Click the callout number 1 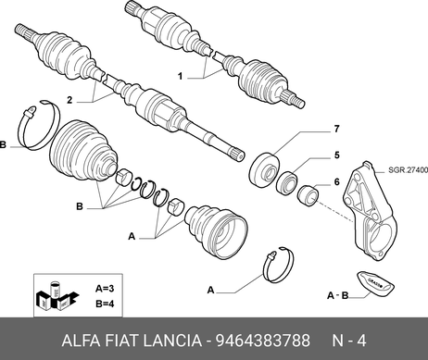click(x=181, y=76)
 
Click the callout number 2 click(x=69, y=100)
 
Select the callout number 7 click(x=336, y=129)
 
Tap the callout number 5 click(x=336, y=155)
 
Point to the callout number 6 click(x=336, y=182)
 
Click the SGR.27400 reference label click(x=408, y=170)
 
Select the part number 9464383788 click(x=262, y=341)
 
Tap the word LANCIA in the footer click(x=172, y=341)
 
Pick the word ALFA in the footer click(x=82, y=341)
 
